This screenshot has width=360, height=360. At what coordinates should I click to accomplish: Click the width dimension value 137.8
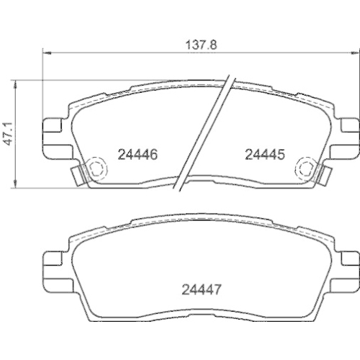click(201, 42)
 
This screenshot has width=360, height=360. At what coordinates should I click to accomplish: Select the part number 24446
click(137, 153)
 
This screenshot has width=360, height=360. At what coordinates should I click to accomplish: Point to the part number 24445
click(266, 153)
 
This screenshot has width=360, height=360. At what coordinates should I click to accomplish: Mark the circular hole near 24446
click(96, 170)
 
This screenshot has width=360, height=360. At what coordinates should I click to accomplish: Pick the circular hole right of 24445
click(306, 170)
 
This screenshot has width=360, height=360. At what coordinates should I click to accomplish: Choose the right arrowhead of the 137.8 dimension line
click(354, 52)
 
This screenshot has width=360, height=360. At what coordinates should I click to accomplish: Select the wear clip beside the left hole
click(79, 174)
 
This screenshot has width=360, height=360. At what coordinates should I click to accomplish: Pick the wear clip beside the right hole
click(323, 174)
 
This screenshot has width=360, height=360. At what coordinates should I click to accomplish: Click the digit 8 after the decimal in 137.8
click(215, 42)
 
